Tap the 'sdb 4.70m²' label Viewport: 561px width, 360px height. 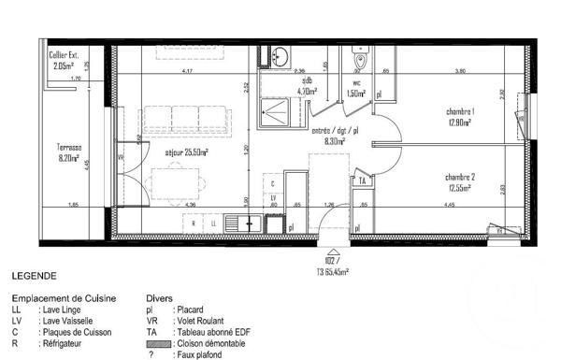[306, 87]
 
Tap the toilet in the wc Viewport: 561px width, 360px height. [361, 62]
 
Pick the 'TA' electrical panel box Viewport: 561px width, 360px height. [362, 180]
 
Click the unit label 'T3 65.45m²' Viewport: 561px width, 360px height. [330, 271]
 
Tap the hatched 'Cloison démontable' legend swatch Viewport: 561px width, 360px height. [155, 343]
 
